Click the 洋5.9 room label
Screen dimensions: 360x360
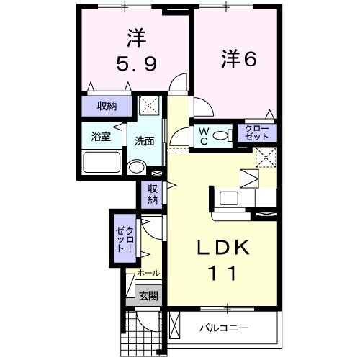click(x=137, y=50)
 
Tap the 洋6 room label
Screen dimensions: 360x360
click(x=239, y=58)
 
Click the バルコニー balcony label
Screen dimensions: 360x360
click(x=224, y=328)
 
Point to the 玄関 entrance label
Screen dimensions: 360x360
click(x=149, y=296)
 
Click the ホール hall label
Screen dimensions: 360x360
click(x=148, y=273)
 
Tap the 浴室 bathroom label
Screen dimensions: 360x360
click(x=101, y=137)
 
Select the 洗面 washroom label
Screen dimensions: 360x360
click(x=144, y=141)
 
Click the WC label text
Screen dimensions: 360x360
click(x=204, y=136)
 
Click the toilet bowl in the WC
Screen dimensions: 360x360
click(x=222, y=135)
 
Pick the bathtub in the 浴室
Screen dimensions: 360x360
click(x=102, y=162)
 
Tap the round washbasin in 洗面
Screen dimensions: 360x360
click(x=136, y=167)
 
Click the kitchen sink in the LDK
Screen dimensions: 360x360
click(x=229, y=197)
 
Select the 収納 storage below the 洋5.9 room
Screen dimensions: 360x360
click(x=107, y=106)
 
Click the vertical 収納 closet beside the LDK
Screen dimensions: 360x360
click(x=152, y=194)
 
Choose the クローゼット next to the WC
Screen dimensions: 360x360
click(x=257, y=132)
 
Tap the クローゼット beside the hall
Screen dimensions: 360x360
click(x=125, y=238)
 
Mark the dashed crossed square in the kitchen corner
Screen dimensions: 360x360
click(x=266, y=157)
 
